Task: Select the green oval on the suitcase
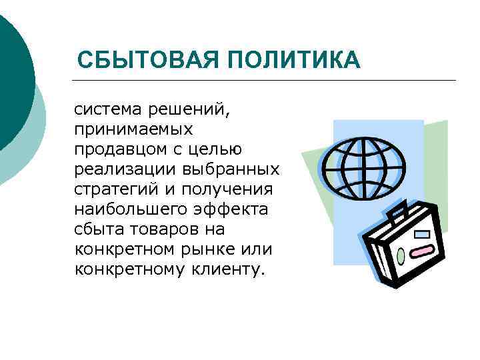click(x=400, y=255)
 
